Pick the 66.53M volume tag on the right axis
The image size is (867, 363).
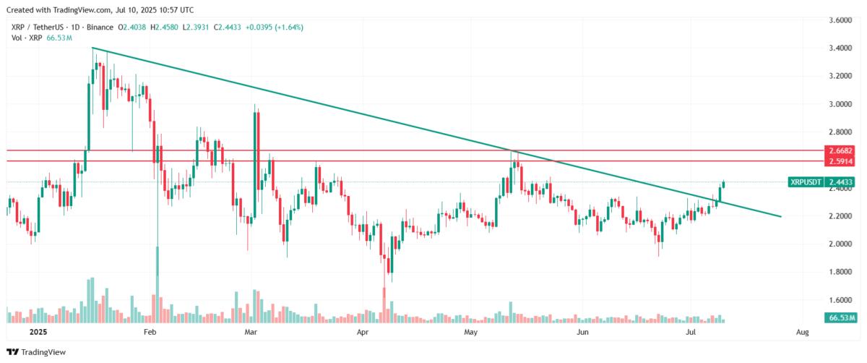840,317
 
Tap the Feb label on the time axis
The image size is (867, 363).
150,333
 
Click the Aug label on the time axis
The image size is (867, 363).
801,333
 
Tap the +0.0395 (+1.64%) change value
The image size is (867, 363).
275,27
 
